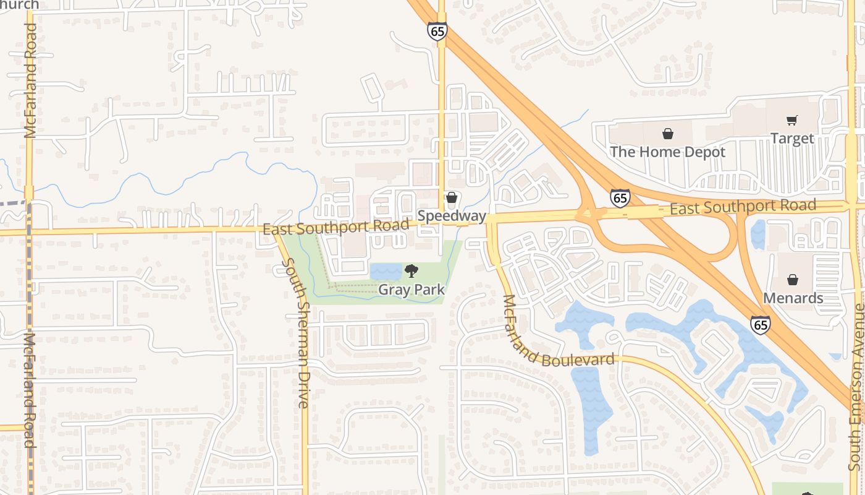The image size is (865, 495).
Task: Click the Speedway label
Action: [x=452, y=215]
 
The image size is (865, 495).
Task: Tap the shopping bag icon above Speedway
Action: [x=452, y=197]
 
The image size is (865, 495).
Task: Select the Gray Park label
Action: [x=411, y=289]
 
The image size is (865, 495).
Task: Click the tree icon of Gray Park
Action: [x=411, y=270]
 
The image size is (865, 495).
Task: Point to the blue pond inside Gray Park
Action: [x=386, y=272]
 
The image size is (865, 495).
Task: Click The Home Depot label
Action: [x=668, y=152]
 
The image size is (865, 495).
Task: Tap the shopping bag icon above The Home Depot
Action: [x=668, y=133]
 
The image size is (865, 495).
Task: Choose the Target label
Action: [x=792, y=138]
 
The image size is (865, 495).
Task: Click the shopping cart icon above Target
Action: [x=792, y=120]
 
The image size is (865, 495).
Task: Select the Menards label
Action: [x=793, y=298]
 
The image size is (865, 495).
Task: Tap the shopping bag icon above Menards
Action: [x=793, y=280]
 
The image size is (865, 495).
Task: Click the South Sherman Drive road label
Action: [x=295, y=333]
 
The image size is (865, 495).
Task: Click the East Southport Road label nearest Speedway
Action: [x=335, y=227]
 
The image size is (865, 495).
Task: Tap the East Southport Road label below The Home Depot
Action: [x=743, y=207]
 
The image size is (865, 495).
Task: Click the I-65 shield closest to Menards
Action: [x=761, y=324]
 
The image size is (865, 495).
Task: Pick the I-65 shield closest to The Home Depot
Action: [x=620, y=198]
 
